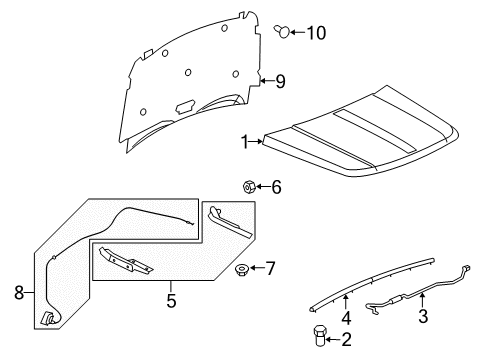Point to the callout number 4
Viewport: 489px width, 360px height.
pos(346,318)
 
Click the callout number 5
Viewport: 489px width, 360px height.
pos(171,298)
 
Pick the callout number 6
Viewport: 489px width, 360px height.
pos(277,186)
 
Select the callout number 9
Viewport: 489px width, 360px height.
pos(281,81)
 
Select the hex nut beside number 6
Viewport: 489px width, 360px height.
pos(249,186)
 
